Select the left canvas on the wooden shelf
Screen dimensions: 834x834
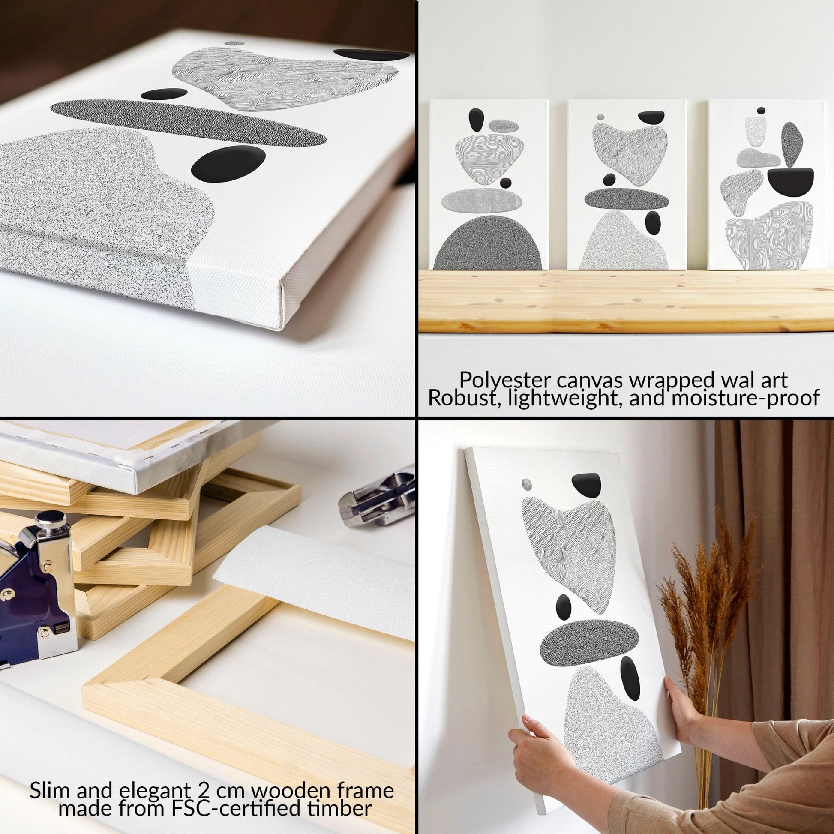click(x=490, y=190)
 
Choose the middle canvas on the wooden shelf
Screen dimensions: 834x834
click(x=627, y=190)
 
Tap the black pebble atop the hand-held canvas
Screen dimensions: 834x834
click(x=586, y=485)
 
